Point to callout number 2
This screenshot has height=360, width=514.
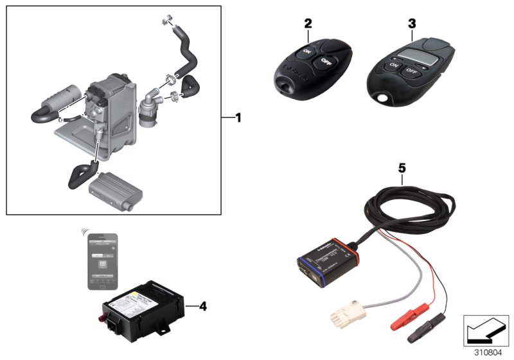point(308,23)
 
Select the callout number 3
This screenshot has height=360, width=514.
point(411,23)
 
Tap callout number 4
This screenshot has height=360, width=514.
point(203,306)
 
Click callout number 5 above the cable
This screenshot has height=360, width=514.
point(402,168)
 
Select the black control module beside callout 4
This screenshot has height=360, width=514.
point(142,312)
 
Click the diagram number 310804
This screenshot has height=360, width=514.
point(487,352)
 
